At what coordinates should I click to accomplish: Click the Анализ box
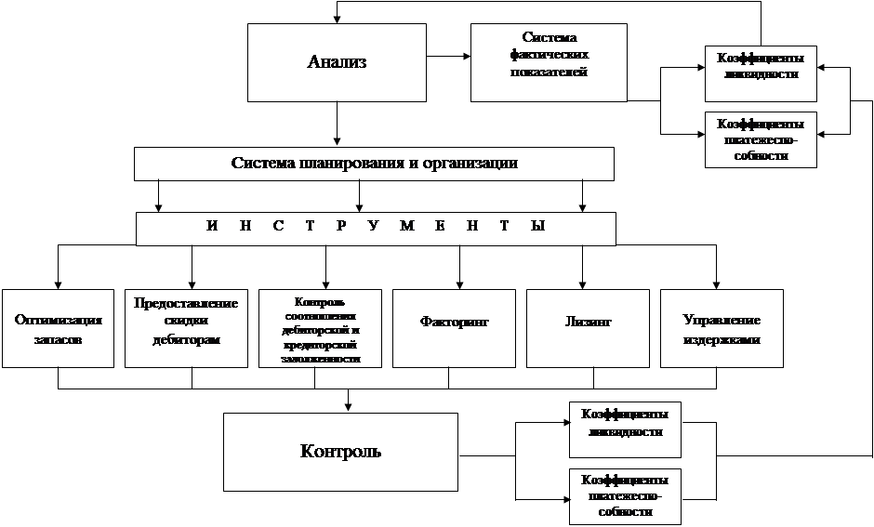tap(337, 62)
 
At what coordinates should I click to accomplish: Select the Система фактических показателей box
tap(549, 62)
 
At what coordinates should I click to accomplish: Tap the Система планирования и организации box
tap(374, 164)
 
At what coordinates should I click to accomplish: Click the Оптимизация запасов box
tap(58, 328)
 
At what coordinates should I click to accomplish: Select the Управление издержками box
tap(722, 328)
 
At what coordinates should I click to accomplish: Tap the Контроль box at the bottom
tap(340, 452)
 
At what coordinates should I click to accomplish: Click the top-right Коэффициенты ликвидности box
tap(761, 72)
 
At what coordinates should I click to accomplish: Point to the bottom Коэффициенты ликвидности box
tap(625, 429)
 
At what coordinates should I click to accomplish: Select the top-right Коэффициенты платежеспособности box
tap(761, 139)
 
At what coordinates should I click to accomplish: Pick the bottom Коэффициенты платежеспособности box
tap(625, 496)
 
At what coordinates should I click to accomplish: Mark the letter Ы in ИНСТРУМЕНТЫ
tap(536, 229)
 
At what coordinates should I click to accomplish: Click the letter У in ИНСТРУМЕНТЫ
tap(372, 229)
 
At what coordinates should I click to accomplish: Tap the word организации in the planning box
tap(468, 164)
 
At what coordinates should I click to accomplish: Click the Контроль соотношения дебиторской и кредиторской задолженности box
tap(320, 328)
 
